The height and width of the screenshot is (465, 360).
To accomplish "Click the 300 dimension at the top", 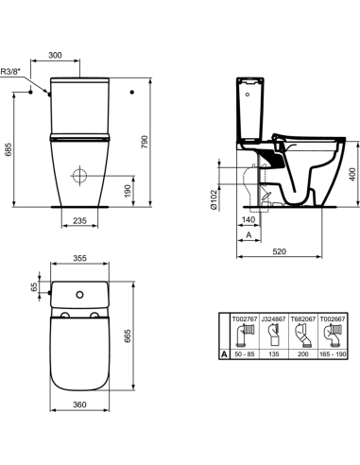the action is [55, 55].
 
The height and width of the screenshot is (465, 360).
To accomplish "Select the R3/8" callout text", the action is [9, 72].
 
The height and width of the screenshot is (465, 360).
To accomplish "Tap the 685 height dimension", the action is [9, 149].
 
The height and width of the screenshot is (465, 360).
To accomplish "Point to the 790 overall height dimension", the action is [145, 143].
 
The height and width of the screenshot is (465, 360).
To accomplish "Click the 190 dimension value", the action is [128, 191].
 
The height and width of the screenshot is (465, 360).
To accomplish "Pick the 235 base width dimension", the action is [79, 220].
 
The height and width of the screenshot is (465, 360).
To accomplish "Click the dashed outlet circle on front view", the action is [79, 176].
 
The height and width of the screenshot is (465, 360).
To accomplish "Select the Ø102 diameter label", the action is [214, 199].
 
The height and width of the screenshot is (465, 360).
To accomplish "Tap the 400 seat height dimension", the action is [352, 174].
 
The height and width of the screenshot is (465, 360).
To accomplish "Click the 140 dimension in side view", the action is [249, 219].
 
